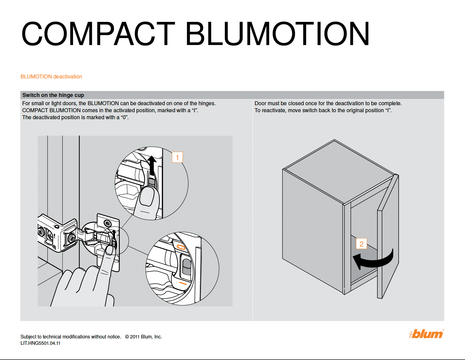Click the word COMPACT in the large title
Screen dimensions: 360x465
98,34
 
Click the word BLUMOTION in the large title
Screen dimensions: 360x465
277,34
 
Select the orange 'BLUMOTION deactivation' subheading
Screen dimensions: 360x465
51,77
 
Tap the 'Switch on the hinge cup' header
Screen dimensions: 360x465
53,95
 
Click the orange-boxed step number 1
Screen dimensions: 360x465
177,157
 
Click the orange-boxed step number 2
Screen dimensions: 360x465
361,244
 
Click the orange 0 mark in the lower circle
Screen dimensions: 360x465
181,247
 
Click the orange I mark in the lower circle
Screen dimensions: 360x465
183,283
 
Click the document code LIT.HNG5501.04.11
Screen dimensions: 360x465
40,343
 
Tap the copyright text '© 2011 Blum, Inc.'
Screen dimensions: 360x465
143,337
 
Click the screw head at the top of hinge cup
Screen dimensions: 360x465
107,223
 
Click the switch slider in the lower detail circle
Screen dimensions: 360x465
186,268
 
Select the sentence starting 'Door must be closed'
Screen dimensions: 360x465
328,103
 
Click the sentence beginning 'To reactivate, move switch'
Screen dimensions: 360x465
323,110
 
